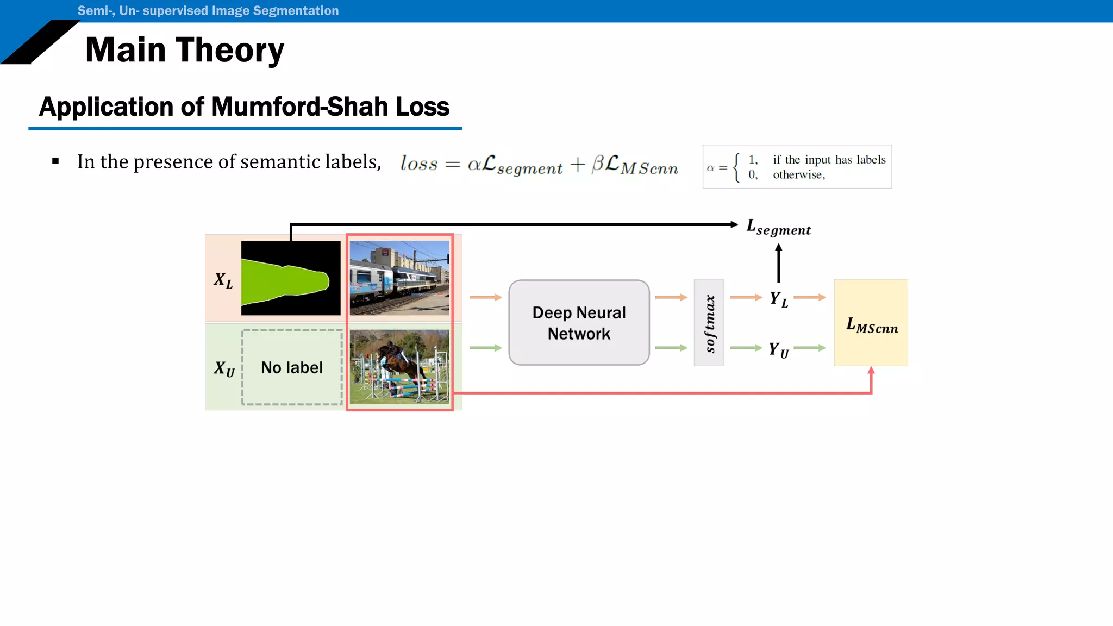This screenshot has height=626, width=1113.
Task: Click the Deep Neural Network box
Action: point(579,323)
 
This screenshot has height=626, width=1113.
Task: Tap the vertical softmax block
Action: point(709,323)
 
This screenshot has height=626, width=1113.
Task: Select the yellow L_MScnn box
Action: point(871,323)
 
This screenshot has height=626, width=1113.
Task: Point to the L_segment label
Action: point(778,227)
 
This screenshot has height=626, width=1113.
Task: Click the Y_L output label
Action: point(778,299)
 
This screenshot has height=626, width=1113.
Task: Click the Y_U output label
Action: point(778,349)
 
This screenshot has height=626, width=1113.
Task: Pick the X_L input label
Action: point(223,280)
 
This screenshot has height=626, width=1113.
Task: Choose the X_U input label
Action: point(223,368)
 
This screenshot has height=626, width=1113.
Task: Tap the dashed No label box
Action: point(292,367)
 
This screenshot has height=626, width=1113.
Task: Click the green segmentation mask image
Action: point(291,278)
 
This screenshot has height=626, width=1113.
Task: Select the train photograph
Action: point(399,278)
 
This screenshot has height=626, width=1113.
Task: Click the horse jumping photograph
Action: point(399,367)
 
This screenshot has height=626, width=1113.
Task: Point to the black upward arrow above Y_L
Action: point(778,263)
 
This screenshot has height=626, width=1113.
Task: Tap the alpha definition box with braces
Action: point(797,167)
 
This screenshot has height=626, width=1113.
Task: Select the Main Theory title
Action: point(184,50)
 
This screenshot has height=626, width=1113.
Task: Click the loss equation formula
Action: point(539,164)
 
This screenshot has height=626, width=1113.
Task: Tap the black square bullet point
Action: point(55,161)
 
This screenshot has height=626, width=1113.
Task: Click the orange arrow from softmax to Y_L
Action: point(746,297)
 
